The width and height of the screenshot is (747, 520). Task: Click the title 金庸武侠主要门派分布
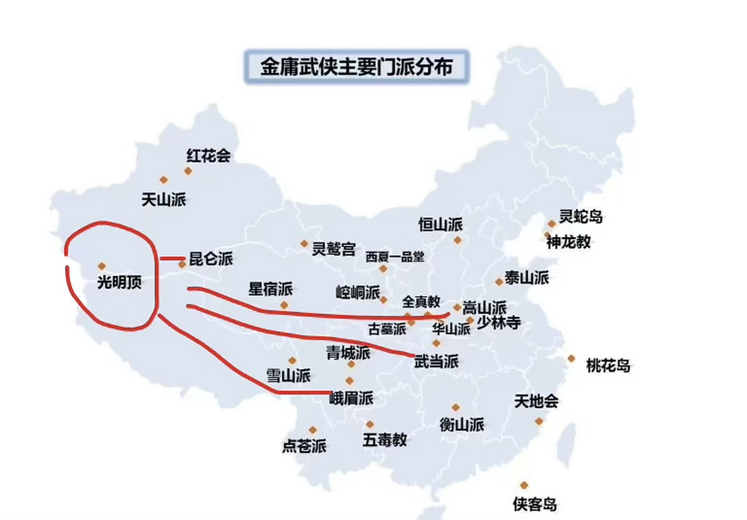tap(356, 67)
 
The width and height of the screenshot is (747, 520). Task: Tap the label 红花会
tap(208, 156)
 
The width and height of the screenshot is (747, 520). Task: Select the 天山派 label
tap(163, 199)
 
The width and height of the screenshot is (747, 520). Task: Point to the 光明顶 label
tap(119, 282)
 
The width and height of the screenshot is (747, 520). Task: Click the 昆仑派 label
tap(211, 259)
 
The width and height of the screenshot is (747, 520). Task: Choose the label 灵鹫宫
tap(333, 249)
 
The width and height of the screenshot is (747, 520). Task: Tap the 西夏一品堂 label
tap(395, 257)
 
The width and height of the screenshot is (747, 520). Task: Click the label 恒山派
tap(440, 224)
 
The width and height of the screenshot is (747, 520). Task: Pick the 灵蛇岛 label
tap(580, 217)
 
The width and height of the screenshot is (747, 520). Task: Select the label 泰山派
tap(527, 278)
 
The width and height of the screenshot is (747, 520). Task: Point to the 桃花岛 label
tap(608, 366)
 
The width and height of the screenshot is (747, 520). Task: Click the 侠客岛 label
tap(534, 504)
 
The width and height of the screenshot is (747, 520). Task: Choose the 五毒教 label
tap(385, 440)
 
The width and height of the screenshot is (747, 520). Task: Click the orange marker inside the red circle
tap(102, 266)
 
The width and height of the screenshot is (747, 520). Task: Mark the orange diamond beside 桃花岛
tap(571, 358)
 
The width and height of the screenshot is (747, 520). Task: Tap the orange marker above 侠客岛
tap(524, 485)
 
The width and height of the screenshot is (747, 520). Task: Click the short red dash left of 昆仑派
tap(172, 258)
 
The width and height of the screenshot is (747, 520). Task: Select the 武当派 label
tap(436, 361)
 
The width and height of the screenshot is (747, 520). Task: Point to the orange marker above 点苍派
tap(312, 430)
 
